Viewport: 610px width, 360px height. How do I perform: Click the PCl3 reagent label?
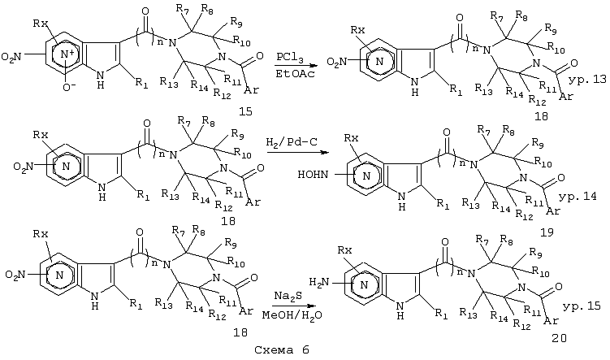(289, 58)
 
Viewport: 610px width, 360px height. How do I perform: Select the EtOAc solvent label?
(289, 74)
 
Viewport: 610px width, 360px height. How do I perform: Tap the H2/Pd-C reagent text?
(292, 141)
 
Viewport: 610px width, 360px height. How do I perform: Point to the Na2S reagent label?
(288, 297)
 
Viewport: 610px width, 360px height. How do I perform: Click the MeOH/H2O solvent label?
(292, 314)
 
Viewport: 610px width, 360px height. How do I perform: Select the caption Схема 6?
(282, 350)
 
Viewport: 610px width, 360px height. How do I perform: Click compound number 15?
(245, 111)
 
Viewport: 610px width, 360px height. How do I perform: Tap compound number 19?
(547, 232)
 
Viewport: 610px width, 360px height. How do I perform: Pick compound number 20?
(559, 338)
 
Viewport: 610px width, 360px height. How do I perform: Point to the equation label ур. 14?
(578, 196)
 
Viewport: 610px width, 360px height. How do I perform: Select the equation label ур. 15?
(582, 306)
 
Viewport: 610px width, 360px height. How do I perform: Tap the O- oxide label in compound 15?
(67, 88)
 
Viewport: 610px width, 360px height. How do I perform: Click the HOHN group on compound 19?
(313, 175)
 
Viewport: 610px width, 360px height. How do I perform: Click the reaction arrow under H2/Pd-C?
(296, 153)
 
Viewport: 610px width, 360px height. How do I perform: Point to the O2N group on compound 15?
(11, 58)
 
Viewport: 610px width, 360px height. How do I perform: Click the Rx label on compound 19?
(351, 138)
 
